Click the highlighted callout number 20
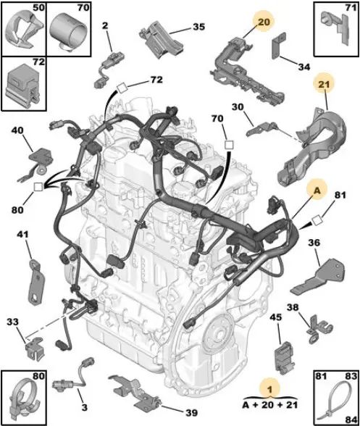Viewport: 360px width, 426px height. (263, 22)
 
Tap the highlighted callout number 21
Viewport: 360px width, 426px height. (324, 84)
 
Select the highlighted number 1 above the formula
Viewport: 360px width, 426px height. (269, 390)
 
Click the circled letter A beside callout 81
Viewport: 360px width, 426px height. (317, 191)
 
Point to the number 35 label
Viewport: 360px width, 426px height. (199, 27)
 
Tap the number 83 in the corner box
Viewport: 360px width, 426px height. (350, 376)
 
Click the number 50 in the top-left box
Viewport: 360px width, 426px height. (38, 7)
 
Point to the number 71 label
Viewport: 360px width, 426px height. (351, 7)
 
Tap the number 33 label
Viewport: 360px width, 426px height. (13, 322)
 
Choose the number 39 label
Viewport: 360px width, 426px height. (191, 413)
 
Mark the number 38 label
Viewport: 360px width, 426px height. (293, 307)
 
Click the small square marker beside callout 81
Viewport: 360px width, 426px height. (317, 220)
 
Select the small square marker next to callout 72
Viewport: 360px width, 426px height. (122, 88)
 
